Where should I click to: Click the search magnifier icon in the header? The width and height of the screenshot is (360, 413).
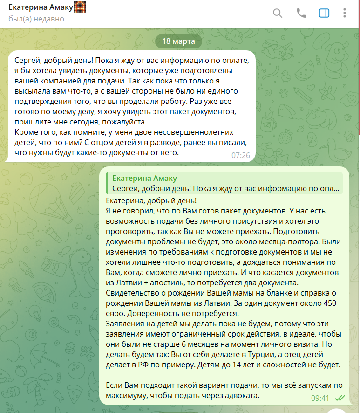(x=278, y=13)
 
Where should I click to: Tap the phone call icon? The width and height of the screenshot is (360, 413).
(x=301, y=13)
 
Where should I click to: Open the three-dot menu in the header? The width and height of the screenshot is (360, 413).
(x=345, y=13)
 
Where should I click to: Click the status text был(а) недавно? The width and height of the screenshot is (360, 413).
(x=36, y=19)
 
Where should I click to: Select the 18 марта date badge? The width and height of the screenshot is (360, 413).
(x=178, y=41)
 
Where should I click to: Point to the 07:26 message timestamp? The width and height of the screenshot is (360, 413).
(x=241, y=155)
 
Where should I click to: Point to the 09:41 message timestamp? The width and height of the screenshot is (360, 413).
(x=320, y=398)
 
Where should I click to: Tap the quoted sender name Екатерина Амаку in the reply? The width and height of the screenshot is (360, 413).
(x=145, y=179)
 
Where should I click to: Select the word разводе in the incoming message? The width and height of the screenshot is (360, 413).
(x=140, y=142)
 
